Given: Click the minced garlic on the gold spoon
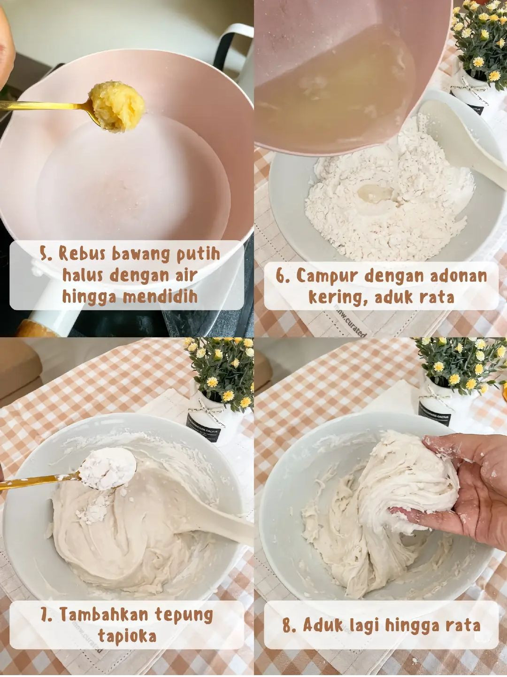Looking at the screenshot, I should click(116, 106).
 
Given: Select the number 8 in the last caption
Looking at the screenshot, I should click(288, 625).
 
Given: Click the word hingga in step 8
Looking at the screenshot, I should click(413, 625).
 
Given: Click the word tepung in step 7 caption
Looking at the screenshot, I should click(184, 615).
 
